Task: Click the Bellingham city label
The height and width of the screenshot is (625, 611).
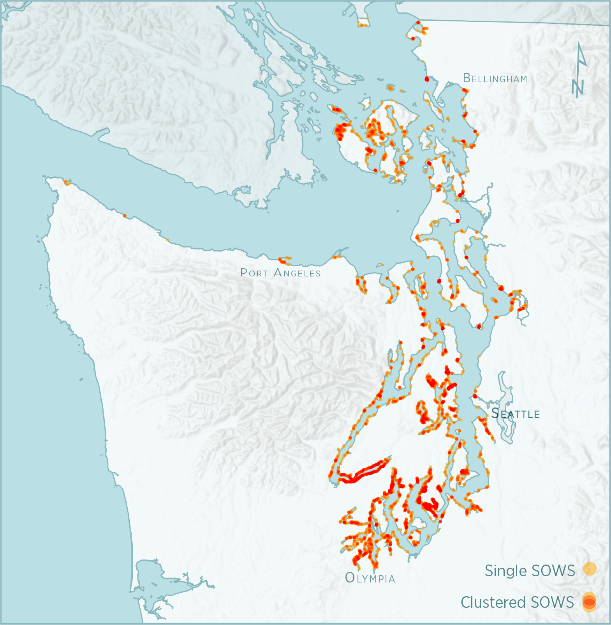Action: (x=495, y=78)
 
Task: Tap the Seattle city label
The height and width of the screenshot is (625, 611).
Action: (x=515, y=413)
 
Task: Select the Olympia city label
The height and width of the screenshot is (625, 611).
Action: (x=370, y=578)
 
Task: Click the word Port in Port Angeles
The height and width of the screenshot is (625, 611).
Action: (x=254, y=273)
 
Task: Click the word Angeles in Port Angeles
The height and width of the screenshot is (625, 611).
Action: (x=297, y=273)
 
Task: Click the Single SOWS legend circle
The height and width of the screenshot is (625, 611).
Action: (x=590, y=569)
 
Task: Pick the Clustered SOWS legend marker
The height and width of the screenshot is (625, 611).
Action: (x=589, y=602)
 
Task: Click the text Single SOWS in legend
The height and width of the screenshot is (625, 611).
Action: (x=530, y=571)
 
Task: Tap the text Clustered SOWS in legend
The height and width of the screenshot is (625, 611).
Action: (x=517, y=602)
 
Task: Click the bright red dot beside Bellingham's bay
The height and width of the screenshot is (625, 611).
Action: (x=427, y=79)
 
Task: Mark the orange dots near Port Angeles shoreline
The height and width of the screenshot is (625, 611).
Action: (x=284, y=260)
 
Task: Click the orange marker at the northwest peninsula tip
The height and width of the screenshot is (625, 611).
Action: (x=67, y=182)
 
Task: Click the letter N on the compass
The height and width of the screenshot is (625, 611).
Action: (x=578, y=87)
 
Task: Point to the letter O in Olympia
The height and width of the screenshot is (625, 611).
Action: (x=350, y=577)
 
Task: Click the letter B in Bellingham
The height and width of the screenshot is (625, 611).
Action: (x=467, y=78)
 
